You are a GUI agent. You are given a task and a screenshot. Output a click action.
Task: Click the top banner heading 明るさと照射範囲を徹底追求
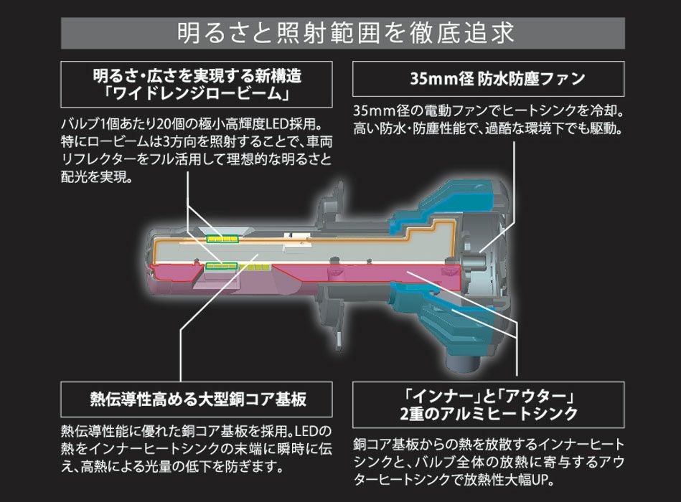coord(340,34)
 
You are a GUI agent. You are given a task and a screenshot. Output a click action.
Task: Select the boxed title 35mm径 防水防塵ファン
coord(488,79)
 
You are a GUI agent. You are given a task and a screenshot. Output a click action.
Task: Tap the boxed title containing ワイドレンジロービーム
coord(197,85)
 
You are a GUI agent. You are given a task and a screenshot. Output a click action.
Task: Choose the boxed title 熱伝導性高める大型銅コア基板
coord(197,399)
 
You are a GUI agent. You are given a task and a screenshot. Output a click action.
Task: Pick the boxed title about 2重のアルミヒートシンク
coord(488,404)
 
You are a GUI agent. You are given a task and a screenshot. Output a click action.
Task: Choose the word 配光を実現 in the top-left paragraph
coord(96,176)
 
